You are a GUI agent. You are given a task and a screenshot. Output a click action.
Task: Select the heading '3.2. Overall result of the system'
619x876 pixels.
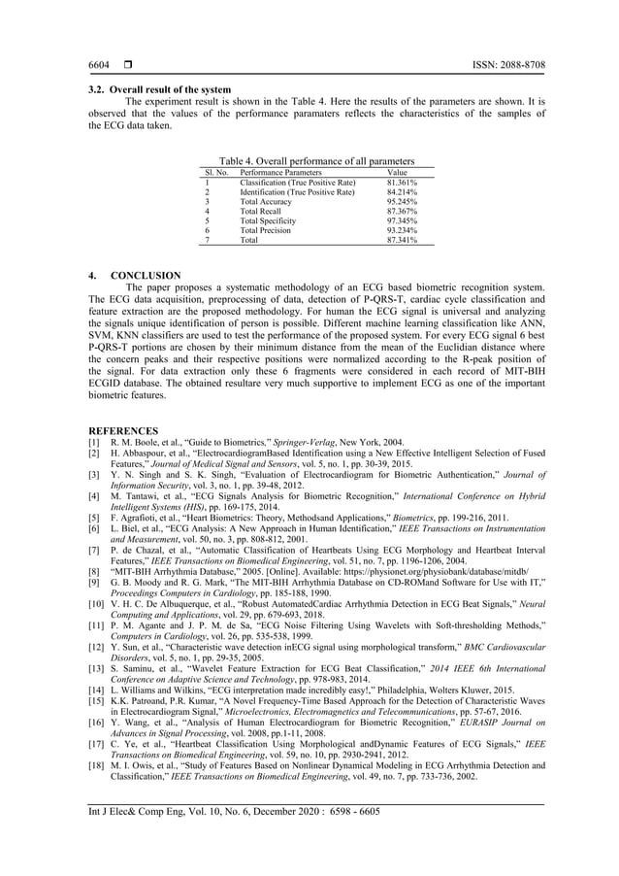pos(159,90)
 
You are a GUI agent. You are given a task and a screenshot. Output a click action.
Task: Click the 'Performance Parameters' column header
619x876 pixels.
pos(280,172)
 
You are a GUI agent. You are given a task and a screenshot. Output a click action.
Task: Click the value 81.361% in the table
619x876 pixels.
pos(402,182)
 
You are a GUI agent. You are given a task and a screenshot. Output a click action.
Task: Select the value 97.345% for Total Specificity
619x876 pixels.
pos(402,220)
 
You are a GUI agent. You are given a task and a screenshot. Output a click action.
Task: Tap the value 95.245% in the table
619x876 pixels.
pos(402,201)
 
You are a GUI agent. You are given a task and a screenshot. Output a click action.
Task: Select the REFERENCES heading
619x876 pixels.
pos(125,429)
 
